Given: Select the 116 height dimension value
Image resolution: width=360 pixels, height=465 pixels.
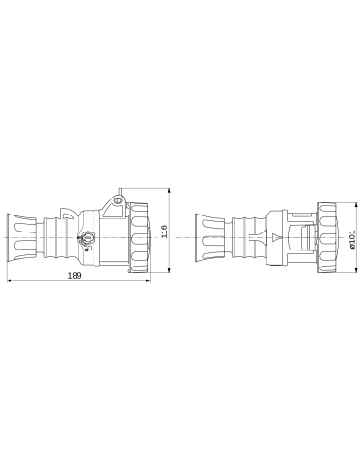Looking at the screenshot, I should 163,232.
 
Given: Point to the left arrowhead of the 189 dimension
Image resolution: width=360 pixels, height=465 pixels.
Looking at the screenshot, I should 9,281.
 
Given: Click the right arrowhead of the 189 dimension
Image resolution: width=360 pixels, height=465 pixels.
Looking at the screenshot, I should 148,281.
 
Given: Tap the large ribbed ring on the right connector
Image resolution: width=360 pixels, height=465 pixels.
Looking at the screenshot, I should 327,237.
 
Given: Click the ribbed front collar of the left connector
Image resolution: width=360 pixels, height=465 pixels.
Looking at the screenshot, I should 138,237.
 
